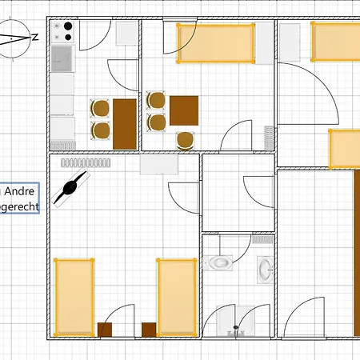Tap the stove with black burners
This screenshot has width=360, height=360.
(x=64, y=31)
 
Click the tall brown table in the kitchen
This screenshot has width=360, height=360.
(x=124, y=122)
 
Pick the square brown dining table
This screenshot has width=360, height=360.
(x=183, y=110)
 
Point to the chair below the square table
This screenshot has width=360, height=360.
(x=186, y=139)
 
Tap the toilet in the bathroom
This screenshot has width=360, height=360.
(x=218, y=262)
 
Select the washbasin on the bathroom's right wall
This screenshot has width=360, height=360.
(x=265, y=269)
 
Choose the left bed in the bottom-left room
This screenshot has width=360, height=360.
(x=74, y=295)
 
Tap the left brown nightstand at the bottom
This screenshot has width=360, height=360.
(x=105, y=329)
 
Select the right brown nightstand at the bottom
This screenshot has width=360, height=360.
(x=149, y=329)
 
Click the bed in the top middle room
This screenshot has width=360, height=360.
(x=215, y=43)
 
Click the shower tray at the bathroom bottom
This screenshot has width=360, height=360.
(x=236, y=322)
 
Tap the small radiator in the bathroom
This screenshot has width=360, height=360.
(x=262, y=238)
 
